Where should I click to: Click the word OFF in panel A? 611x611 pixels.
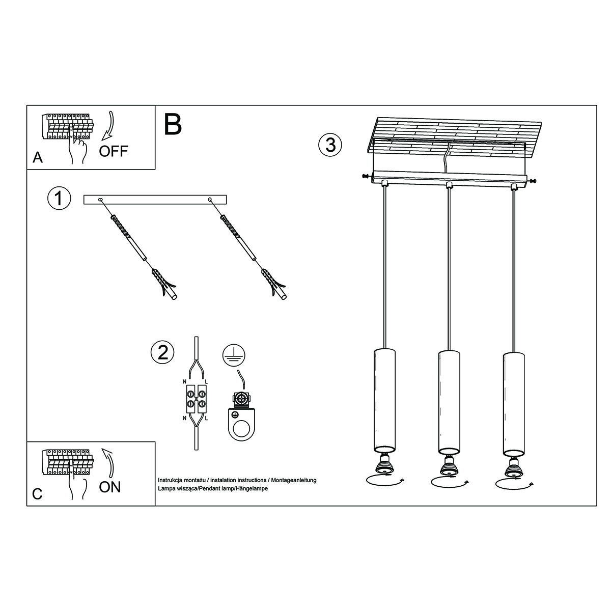(114, 151)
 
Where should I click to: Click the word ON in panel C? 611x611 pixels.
(110, 487)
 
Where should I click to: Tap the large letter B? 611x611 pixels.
(173, 124)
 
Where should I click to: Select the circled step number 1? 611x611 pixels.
(59, 199)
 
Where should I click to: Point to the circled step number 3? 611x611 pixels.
(330, 145)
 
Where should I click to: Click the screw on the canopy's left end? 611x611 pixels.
(365, 176)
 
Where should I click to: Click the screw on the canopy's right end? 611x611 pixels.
(533, 180)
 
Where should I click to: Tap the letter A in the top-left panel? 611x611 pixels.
(37, 158)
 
